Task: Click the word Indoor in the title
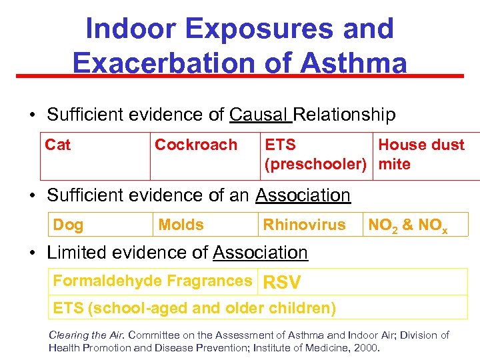click(x=131, y=29)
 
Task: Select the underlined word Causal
click(x=259, y=115)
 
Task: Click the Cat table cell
click(x=58, y=145)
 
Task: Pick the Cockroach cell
click(x=195, y=145)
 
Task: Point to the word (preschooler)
click(x=316, y=164)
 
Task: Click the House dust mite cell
click(x=421, y=154)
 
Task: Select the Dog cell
click(x=69, y=225)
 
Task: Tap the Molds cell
click(x=181, y=225)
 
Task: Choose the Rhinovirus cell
click(x=304, y=225)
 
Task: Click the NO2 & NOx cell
click(x=407, y=225)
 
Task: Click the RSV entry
click(x=283, y=283)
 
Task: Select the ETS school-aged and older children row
click(x=194, y=308)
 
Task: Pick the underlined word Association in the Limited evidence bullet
click(x=260, y=253)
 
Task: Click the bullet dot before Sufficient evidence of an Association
click(x=32, y=195)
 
